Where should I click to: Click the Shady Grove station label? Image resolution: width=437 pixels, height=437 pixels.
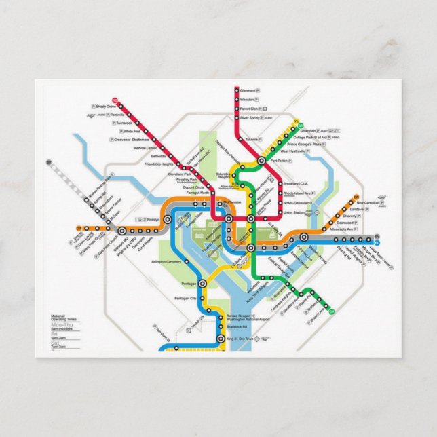(x=107, y=107)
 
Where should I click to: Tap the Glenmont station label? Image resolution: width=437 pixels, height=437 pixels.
(x=248, y=90)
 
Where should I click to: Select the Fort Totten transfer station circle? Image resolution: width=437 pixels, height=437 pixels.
(x=262, y=161)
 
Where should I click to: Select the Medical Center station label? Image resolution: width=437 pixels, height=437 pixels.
(x=145, y=147)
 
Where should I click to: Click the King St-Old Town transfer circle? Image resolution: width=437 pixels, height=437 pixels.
(x=219, y=338)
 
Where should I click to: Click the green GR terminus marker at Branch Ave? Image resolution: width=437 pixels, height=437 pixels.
(x=331, y=311)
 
